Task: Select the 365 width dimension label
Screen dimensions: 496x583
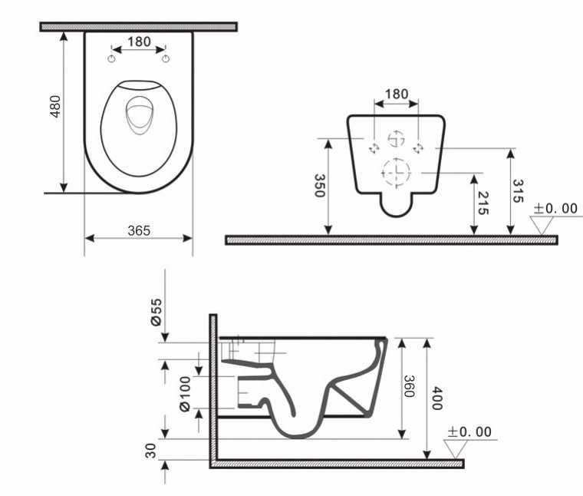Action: click(x=138, y=230)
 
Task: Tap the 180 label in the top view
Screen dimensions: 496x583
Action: click(x=139, y=42)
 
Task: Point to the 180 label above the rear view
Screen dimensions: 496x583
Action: click(x=395, y=94)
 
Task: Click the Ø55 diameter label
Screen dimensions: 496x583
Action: click(x=156, y=313)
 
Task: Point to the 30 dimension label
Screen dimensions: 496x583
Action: click(x=152, y=450)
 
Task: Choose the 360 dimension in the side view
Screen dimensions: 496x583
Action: click(x=410, y=387)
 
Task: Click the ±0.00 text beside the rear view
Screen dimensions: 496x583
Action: click(x=555, y=208)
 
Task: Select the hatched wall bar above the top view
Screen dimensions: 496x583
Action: click(x=138, y=27)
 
